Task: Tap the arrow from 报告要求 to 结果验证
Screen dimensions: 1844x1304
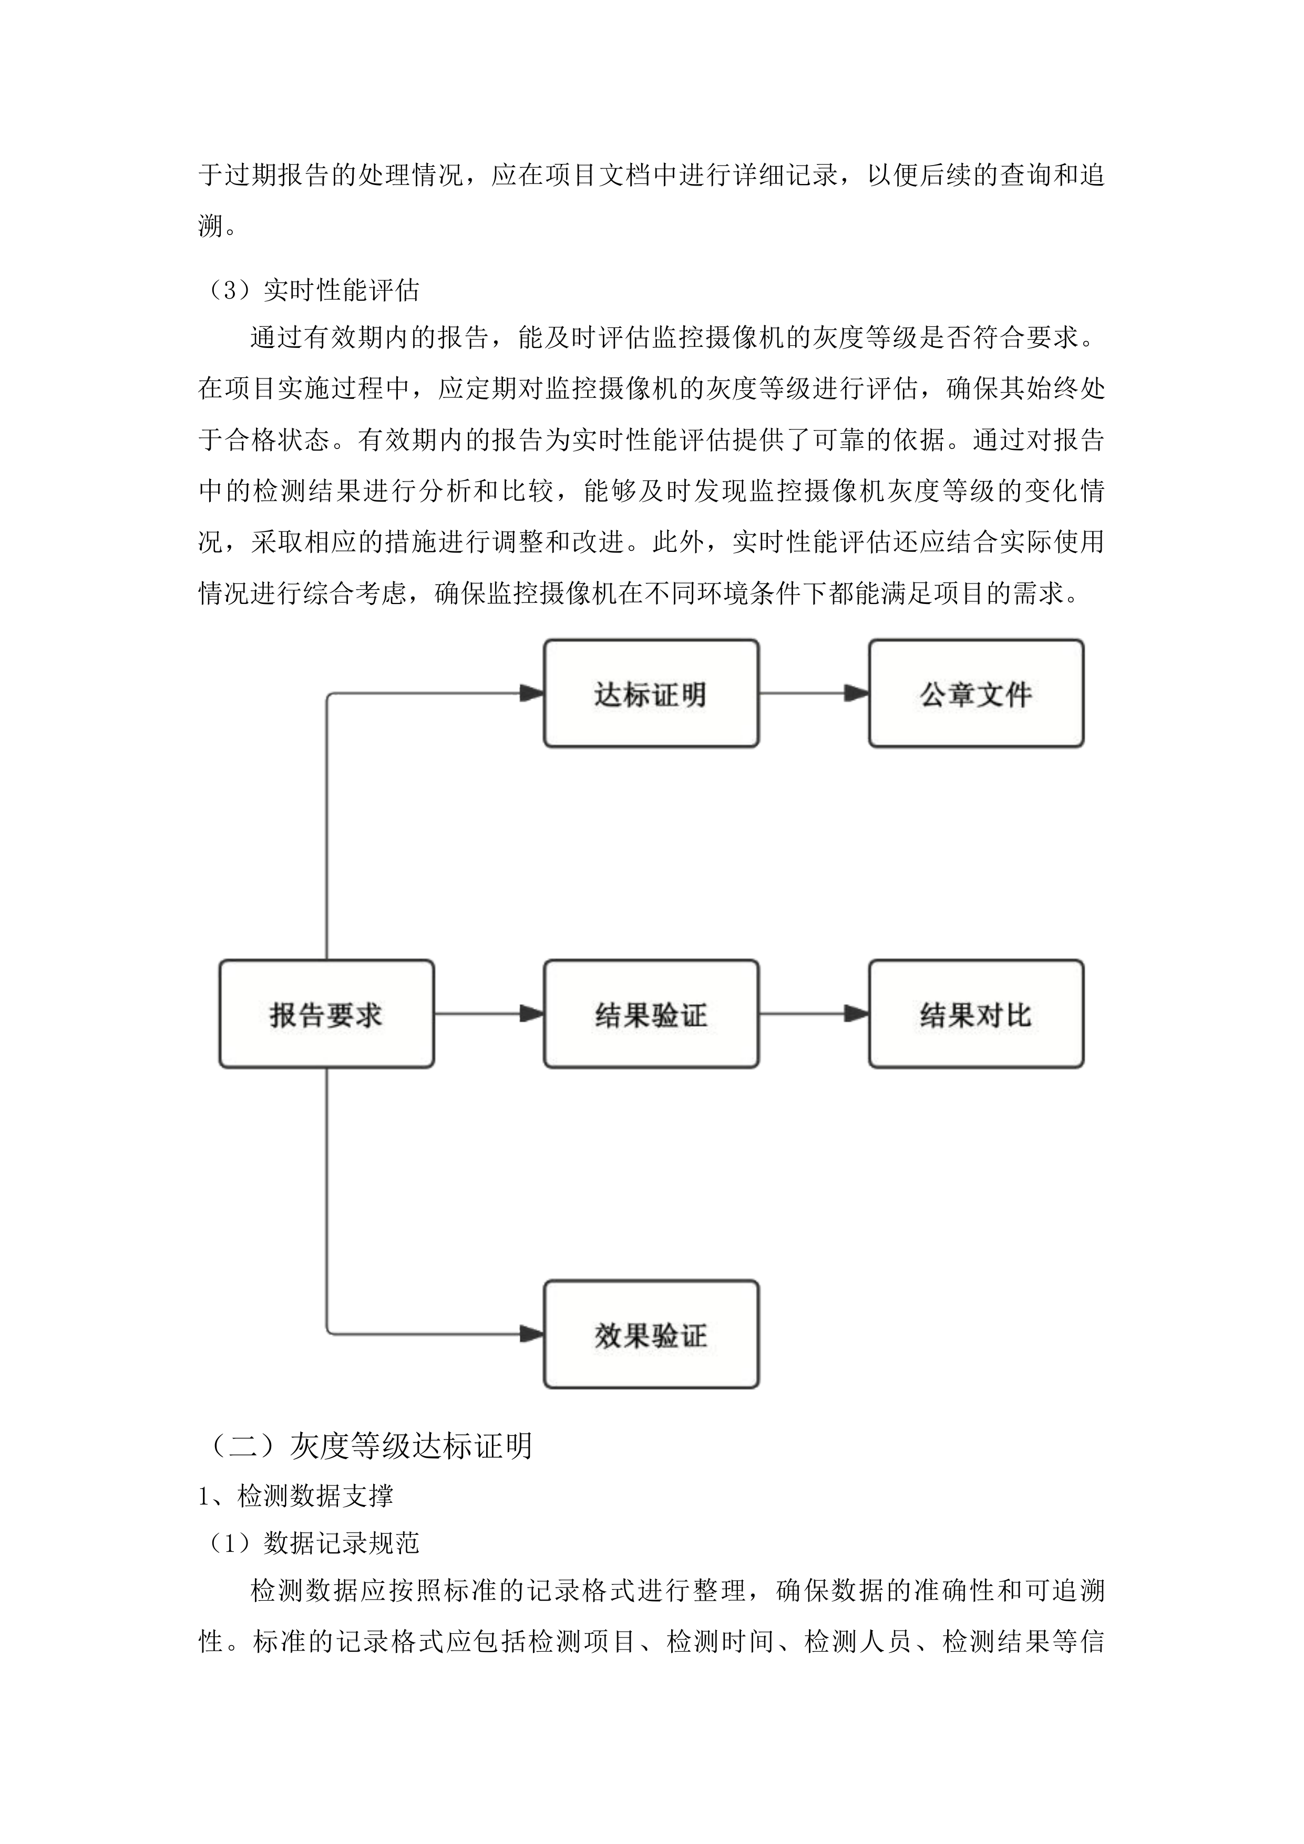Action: point(488,1013)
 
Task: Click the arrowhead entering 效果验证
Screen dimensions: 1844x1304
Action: point(531,1335)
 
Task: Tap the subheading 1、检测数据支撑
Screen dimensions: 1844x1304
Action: point(295,1495)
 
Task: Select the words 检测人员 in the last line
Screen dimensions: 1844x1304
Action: point(858,1642)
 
